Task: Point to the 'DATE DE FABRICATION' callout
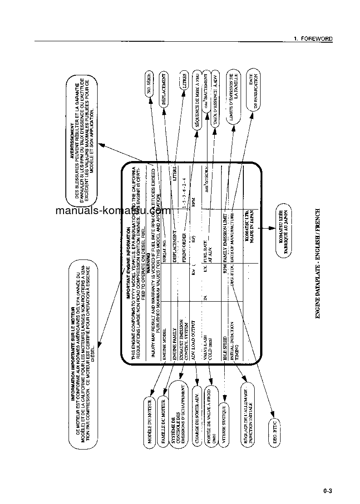point(253,91)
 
